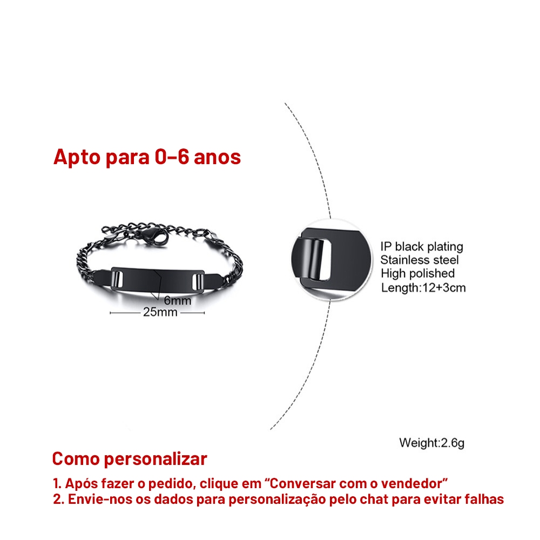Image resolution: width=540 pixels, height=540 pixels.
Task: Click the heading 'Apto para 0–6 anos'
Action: [147, 157]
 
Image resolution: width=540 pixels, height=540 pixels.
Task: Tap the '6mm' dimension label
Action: [177, 301]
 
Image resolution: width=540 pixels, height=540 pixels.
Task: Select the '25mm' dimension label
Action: [160, 312]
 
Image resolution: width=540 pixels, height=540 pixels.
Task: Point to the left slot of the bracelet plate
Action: [117, 279]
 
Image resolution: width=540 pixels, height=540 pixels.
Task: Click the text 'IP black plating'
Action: [422, 247]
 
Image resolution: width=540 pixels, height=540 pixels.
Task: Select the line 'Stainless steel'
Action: [420, 260]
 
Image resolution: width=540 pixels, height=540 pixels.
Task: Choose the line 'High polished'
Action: [418, 273]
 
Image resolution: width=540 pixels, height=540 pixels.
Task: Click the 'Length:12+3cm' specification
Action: [423, 288]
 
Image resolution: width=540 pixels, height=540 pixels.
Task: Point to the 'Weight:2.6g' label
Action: [432, 443]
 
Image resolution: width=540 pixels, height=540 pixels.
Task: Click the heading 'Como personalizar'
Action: [130, 458]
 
